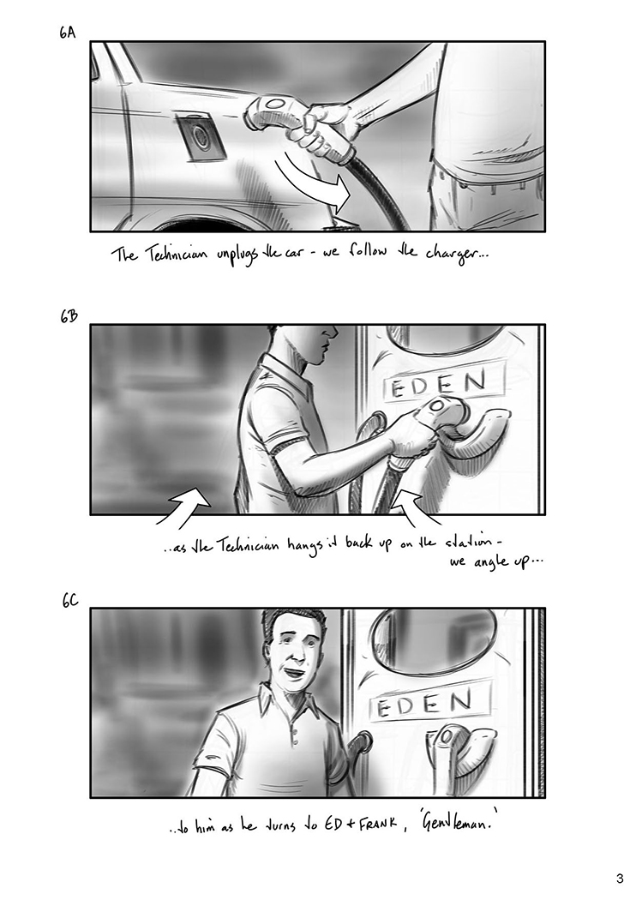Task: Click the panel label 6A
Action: click(x=67, y=33)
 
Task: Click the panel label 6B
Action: click(x=69, y=316)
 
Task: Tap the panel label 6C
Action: click(x=70, y=601)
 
